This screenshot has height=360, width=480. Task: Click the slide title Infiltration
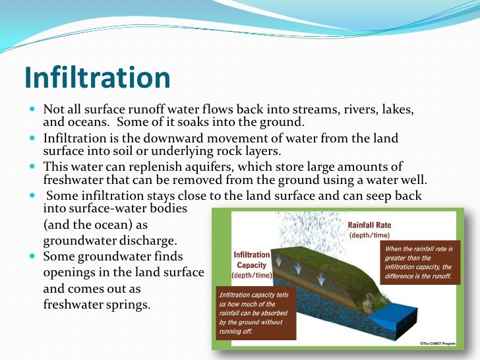pos(97,78)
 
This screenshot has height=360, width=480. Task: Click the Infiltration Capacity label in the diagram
pos(252,260)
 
